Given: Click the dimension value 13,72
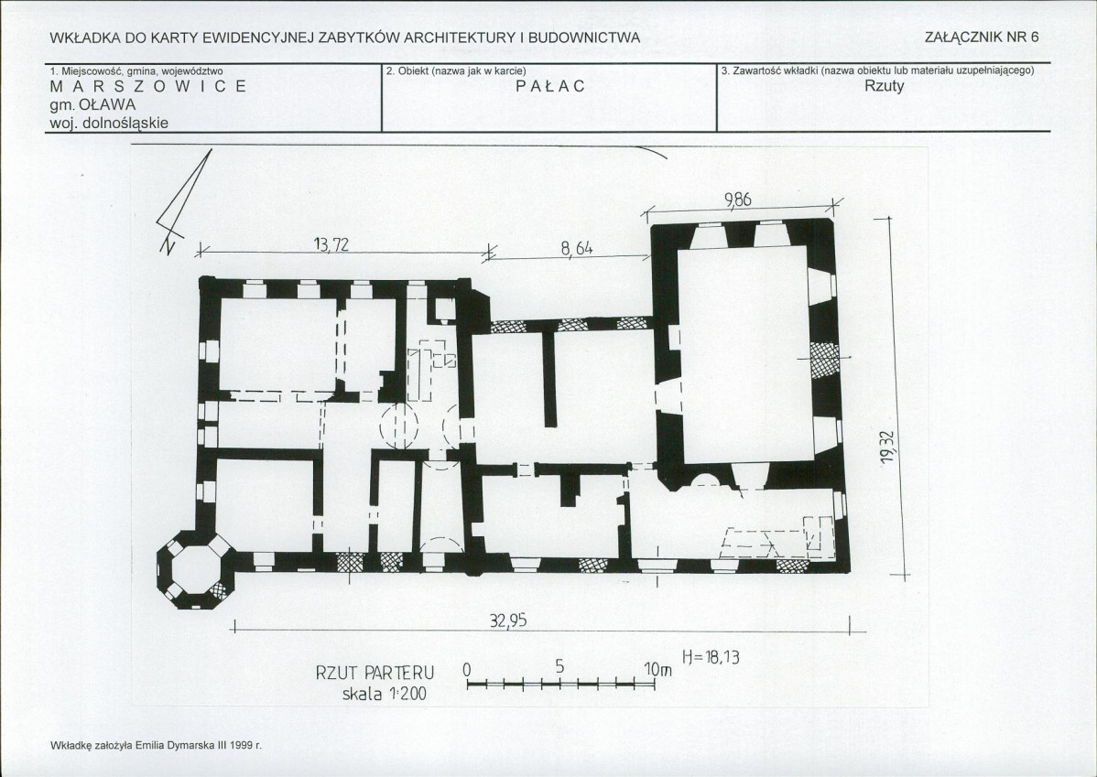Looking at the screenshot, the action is pyautogui.click(x=331, y=244).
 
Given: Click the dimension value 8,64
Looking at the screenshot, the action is pyautogui.click(x=577, y=248).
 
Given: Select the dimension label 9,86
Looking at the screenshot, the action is pyautogui.click(x=738, y=200).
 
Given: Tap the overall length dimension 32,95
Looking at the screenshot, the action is pyautogui.click(x=508, y=621).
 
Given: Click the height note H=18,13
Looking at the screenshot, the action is pyautogui.click(x=711, y=657).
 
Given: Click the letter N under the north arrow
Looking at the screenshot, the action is pyautogui.click(x=168, y=245).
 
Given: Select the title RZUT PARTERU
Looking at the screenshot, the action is pyautogui.click(x=375, y=673).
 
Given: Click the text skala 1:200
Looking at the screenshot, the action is pyautogui.click(x=384, y=694).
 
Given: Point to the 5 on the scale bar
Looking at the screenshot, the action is pyautogui.click(x=559, y=666).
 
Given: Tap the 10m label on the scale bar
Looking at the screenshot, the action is pyautogui.click(x=657, y=669).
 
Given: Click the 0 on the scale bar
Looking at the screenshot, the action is pyautogui.click(x=467, y=670).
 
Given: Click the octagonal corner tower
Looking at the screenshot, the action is pyautogui.click(x=194, y=571).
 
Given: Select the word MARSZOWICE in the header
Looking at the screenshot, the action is pyautogui.click(x=148, y=86).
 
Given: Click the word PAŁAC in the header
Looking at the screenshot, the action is pyautogui.click(x=550, y=86).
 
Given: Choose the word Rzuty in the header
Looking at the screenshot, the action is pyautogui.click(x=885, y=86).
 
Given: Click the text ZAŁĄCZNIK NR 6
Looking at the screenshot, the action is pyautogui.click(x=982, y=38).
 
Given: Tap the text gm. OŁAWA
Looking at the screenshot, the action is pyautogui.click(x=92, y=105).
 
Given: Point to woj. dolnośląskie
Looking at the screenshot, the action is pyautogui.click(x=109, y=123).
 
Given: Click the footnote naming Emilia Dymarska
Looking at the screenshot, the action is pyautogui.click(x=156, y=746).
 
